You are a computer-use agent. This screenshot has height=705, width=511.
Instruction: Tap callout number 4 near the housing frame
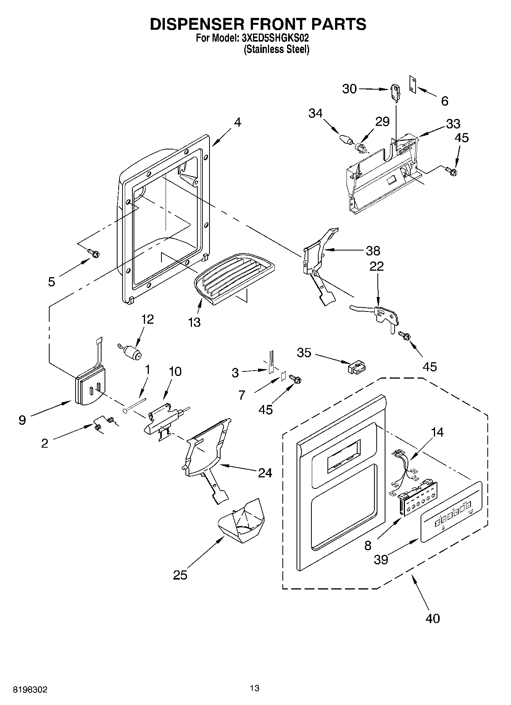click(x=237, y=122)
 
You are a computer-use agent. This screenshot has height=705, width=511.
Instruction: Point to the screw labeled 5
click(x=93, y=252)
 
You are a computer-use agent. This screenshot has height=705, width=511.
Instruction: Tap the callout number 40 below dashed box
click(x=432, y=618)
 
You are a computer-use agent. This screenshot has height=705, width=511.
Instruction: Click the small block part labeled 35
click(x=356, y=367)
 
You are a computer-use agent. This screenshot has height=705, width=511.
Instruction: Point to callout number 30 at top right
click(x=349, y=89)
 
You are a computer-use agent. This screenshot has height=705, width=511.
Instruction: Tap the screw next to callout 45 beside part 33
click(x=451, y=171)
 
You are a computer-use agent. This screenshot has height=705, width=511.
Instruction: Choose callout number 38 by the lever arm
click(x=372, y=251)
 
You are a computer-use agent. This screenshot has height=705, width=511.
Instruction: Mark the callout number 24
click(x=265, y=473)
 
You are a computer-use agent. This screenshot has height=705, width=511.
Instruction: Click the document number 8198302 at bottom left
click(x=31, y=690)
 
